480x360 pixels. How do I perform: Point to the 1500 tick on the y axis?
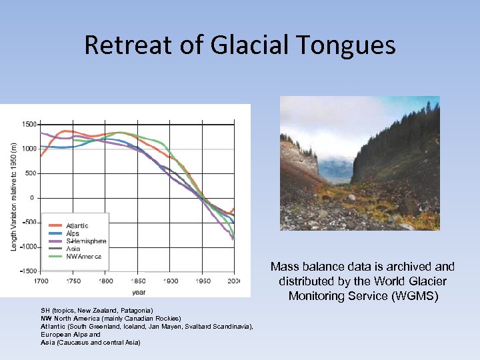pyautogui.click(x=29, y=124)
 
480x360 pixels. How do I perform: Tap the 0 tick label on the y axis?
pyautogui.click(x=32, y=198)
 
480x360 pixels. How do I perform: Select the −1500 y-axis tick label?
pyautogui.click(x=27, y=271)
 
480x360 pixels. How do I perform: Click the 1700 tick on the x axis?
pyautogui.click(x=41, y=281)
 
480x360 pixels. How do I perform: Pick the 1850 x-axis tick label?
pyautogui.click(x=138, y=281)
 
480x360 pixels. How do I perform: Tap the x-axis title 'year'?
pyautogui.click(x=139, y=291)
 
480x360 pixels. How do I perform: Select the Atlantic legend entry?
pyautogui.click(x=77, y=226)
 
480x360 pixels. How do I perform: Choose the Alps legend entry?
pyautogui.click(x=72, y=233)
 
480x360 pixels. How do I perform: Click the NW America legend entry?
pyautogui.click(x=83, y=256)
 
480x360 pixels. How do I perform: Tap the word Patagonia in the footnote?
pyautogui.click(x=137, y=311)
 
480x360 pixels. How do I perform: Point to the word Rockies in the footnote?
pyautogui.click(x=168, y=319)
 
